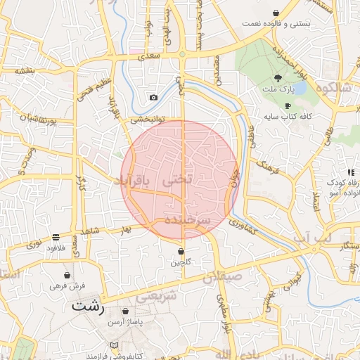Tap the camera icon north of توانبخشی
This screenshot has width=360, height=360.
[x=153, y=97]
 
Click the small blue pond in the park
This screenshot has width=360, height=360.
[x=301, y=89]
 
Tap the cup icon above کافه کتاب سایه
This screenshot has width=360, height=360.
[x=288, y=105]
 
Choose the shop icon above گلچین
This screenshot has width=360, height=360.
[x=181, y=251]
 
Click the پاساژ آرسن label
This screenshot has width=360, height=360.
[x=125, y=321]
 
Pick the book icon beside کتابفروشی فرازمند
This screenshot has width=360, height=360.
[x=115, y=346]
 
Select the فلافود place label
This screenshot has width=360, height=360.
[x=56, y=248]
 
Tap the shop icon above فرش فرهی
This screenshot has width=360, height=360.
[x=67, y=276]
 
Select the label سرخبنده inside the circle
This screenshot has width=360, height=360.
[x=188, y=220]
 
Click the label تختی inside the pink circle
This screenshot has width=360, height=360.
[x=177, y=180]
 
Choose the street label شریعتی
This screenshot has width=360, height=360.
[x=152, y=297]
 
